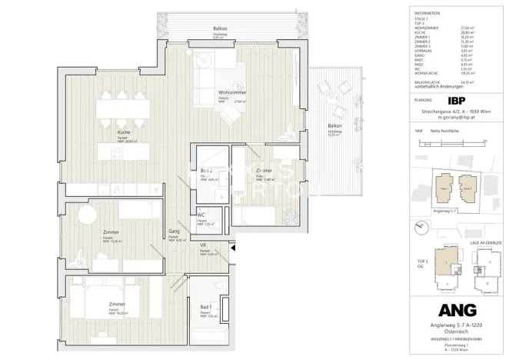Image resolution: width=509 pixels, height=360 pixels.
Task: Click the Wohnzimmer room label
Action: click(210, 92)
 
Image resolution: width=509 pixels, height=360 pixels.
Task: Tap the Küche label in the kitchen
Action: click(123, 132)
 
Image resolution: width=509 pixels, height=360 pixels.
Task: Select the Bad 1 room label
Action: click(205, 307)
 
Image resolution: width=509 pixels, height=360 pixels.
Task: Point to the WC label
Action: click(201, 215)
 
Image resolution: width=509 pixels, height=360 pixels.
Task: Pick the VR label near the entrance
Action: click(204, 246)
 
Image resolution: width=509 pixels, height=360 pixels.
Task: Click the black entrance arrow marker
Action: click(231, 248)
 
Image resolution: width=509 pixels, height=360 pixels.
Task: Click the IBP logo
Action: click(456, 100)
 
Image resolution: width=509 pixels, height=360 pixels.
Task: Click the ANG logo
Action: click(457, 309)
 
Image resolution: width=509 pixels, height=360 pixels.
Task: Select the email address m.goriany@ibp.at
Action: click(457, 120)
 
